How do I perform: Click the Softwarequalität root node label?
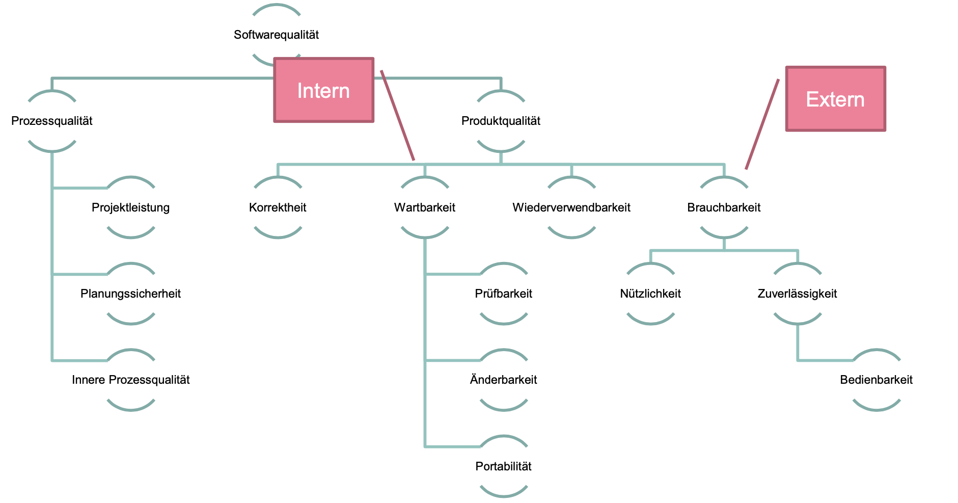coord(276,35)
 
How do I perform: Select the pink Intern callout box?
coord(323,90)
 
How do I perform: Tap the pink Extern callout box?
coord(835,99)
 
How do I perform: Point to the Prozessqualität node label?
coord(52,121)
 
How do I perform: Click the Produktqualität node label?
coord(501,121)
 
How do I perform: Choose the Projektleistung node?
coord(130,207)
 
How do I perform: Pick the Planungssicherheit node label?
coord(130,294)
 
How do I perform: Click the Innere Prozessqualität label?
coord(130,380)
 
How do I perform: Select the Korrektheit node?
coord(278,207)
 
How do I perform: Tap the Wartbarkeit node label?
coord(425,207)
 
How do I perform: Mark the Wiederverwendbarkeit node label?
coord(571,207)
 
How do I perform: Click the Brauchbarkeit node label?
coord(724,207)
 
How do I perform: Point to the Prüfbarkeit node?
coord(503,294)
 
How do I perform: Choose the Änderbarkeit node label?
coord(503,380)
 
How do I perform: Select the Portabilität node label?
coord(503,466)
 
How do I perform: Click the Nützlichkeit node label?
coord(650,294)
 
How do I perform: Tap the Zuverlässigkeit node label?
coord(797,294)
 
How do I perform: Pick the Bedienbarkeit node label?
coord(876,380)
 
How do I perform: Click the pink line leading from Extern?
coord(762,124)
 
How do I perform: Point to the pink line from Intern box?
coord(398,116)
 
